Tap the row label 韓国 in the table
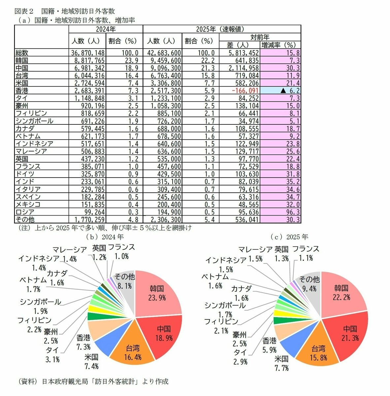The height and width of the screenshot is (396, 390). pos(22,60)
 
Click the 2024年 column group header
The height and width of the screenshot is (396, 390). pos(106,29)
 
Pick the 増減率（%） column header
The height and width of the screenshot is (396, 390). pos(280,45)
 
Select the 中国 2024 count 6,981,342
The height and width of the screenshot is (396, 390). pos(88,68)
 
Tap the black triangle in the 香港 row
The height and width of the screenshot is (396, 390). pos(283,91)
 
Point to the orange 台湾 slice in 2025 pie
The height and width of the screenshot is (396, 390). pos(318,352)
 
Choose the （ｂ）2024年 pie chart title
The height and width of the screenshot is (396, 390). pos(105,237)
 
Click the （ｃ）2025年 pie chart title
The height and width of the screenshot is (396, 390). pos(289,237)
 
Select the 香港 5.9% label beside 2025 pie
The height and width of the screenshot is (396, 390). pos(269,345)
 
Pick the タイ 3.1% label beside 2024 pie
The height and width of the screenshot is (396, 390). pos(52,355)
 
